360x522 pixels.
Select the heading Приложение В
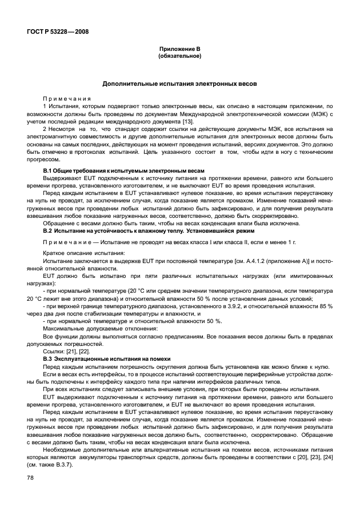tap(179, 50)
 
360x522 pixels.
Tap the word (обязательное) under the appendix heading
tap(179, 57)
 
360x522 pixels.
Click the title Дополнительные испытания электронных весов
tap(179, 84)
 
